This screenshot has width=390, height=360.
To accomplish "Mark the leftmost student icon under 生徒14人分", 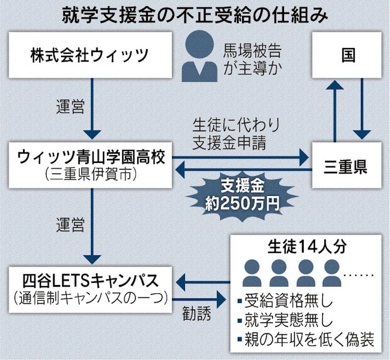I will [x=252, y=272].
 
